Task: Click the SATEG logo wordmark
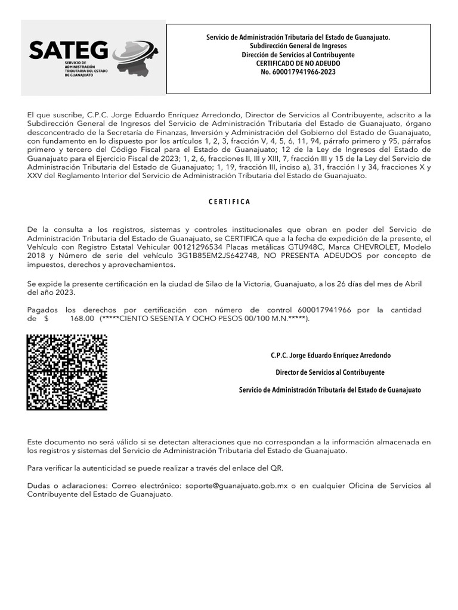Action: coord(69,50)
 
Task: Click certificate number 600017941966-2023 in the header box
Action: coord(298,71)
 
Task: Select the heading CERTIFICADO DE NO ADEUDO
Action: coord(298,63)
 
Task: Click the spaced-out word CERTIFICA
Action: coord(230,201)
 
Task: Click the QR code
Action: coord(67,372)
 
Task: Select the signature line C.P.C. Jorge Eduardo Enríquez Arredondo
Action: coord(330,355)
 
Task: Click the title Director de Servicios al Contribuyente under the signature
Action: coord(330,372)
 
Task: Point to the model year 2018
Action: coord(38,256)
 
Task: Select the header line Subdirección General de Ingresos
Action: coord(298,46)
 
